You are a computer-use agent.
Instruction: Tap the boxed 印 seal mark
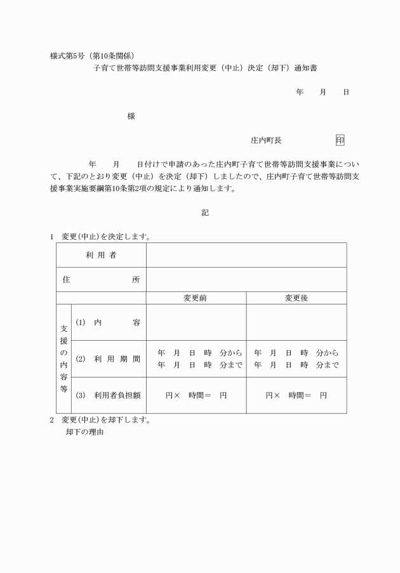[340, 140]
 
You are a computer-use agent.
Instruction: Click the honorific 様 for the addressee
[131, 116]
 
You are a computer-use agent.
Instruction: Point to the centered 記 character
[205, 213]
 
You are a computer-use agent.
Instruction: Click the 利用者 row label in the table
[101, 255]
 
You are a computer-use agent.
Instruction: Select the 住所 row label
[101, 279]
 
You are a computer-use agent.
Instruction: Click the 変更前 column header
[196, 298]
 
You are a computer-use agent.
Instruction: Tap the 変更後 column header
[296, 298]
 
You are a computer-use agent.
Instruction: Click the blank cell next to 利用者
[246, 255]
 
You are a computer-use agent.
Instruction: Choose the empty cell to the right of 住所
[246, 279]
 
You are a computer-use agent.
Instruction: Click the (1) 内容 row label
[108, 322]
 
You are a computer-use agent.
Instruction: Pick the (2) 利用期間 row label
[108, 359]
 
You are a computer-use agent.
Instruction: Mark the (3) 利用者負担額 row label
[108, 395]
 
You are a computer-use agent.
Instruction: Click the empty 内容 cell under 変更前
[196, 322]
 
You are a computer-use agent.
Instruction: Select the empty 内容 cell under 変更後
[296, 322]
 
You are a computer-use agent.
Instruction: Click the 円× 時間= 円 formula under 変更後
[296, 395]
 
